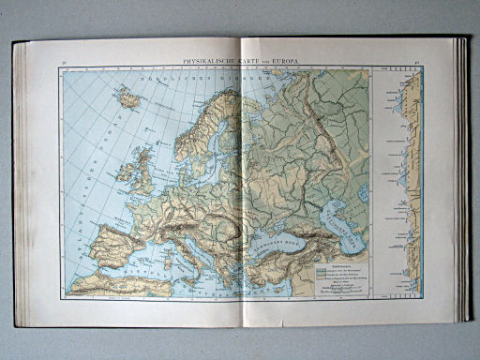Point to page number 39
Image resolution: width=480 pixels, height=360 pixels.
(64, 62)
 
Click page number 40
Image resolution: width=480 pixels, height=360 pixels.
(415, 63)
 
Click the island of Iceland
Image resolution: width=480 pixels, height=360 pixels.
(127, 97)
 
